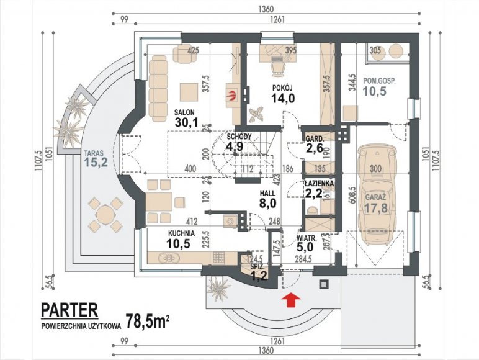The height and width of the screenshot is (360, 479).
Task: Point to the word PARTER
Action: point(69,308)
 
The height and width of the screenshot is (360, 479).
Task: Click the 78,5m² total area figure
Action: point(147,321)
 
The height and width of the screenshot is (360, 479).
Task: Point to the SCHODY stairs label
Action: point(238,136)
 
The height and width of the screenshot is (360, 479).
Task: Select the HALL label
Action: point(267,193)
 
